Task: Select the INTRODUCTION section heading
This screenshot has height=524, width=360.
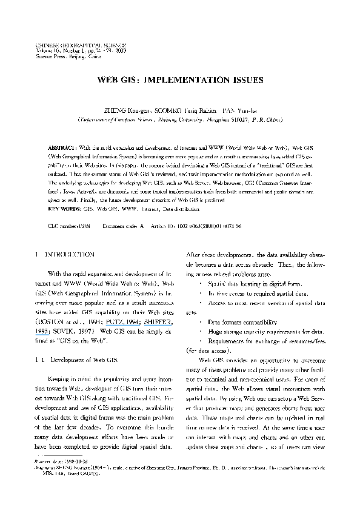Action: pyautogui.click(x=70, y=238)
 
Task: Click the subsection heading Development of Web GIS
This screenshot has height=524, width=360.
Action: pyautogui.click(x=82, y=360)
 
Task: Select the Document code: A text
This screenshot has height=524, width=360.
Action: pyautogui.click(x=124, y=208)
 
